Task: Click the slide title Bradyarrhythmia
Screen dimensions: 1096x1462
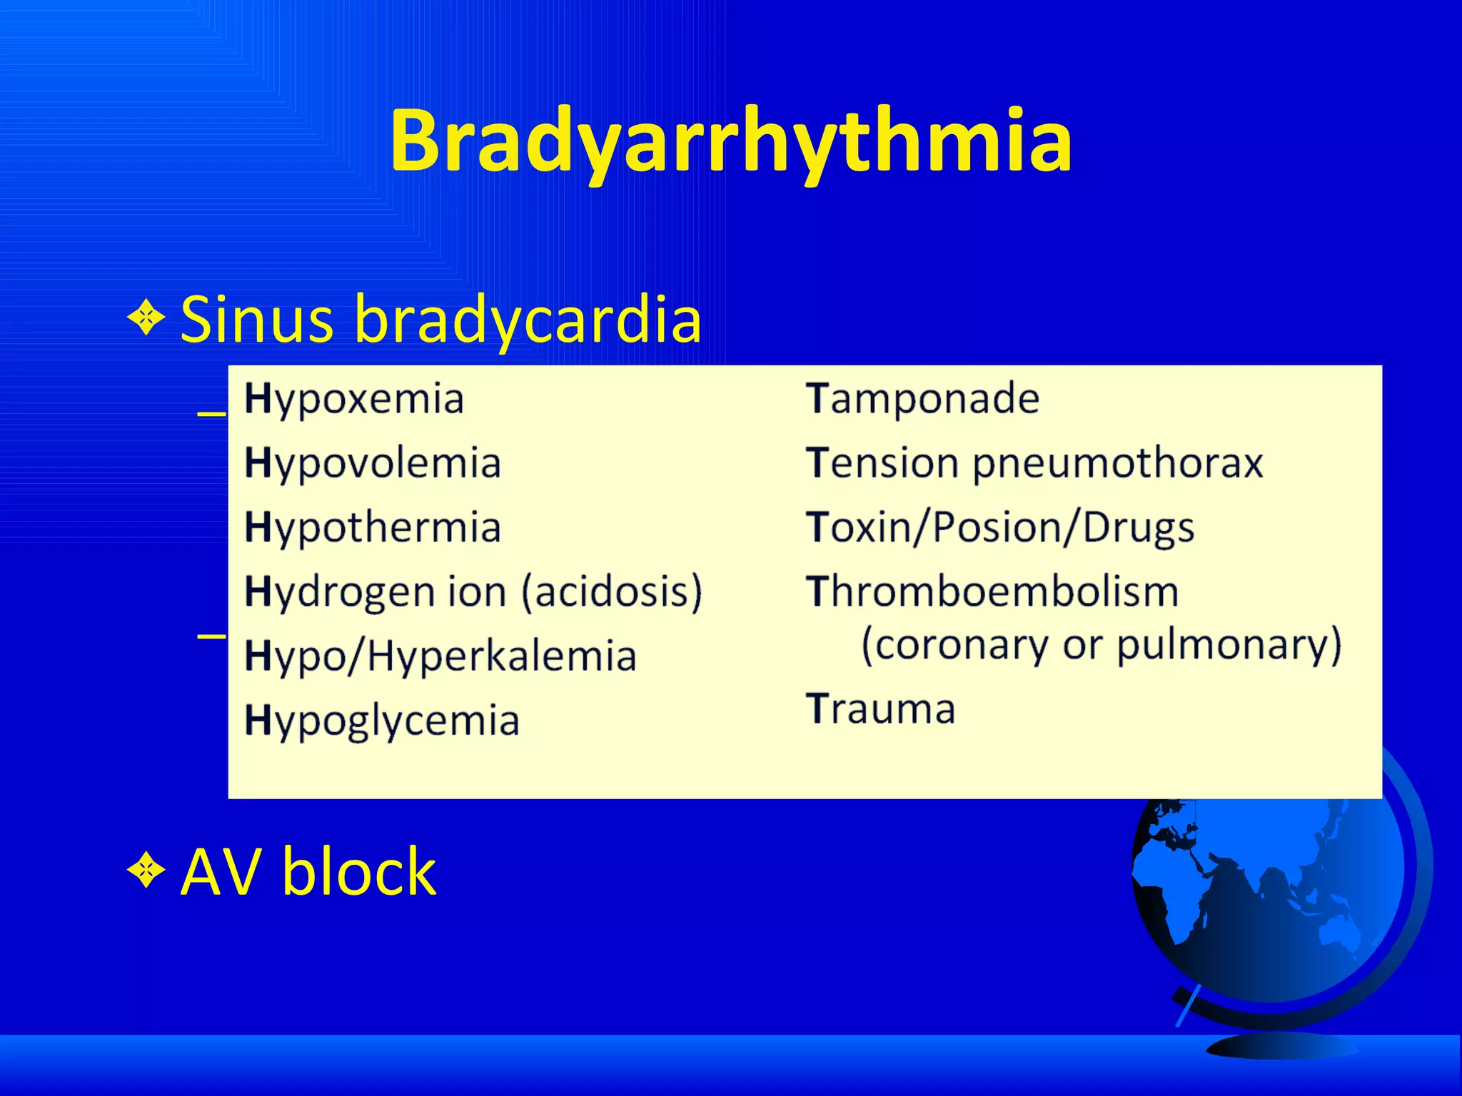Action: pos(730,141)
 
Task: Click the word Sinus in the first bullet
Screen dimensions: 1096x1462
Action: pos(256,318)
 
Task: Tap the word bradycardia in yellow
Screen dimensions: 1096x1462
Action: pos(528,318)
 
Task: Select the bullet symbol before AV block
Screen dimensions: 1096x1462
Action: pos(146,870)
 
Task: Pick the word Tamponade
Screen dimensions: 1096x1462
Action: pos(922,398)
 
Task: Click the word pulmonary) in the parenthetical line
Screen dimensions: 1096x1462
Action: pos(1229,644)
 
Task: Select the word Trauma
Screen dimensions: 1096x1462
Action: pos(881,709)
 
